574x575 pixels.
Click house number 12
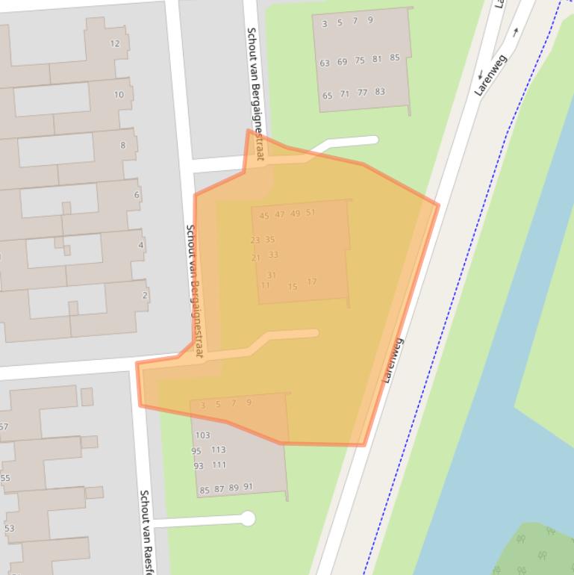pos(115,43)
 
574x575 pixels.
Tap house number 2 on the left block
pos(145,296)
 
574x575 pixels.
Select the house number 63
pos(325,63)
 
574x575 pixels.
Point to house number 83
pos(380,92)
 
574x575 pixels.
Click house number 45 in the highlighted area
pos(264,216)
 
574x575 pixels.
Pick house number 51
pos(311,213)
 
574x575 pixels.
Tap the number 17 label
pos(311,282)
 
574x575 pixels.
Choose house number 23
pos(255,240)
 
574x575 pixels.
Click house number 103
pos(202,435)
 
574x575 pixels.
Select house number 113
pos(218,450)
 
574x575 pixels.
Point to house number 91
pos(248,487)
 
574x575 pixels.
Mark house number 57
pos(4,427)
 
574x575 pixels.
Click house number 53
pos(9,529)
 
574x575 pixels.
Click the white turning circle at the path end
pos(248,518)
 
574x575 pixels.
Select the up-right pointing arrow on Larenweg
pos(515,33)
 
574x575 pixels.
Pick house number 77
pos(362,93)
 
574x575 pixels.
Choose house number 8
pos(123,145)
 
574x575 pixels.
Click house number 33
pos(273,255)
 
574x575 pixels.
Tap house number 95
pos(196,451)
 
